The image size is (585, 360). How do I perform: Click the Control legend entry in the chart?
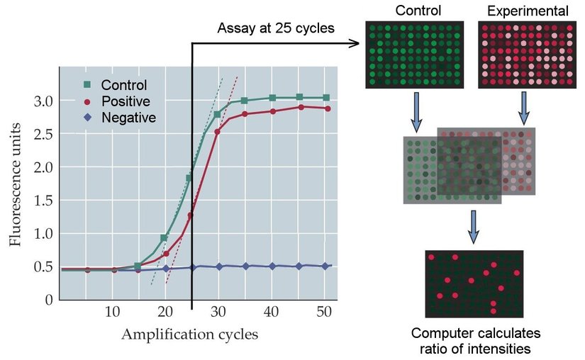[122, 86]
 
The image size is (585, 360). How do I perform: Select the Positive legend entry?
[125, 101]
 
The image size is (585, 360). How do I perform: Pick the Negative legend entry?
[128, 118]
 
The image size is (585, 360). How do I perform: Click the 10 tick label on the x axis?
[112, 312]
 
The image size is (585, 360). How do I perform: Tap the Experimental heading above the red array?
[527, 11]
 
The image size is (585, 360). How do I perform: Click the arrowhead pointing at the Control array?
[358, 44]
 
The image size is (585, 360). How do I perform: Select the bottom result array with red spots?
[474, 283]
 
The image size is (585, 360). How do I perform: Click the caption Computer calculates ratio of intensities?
[475, 340]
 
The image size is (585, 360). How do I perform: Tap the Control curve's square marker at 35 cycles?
[244, 101]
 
